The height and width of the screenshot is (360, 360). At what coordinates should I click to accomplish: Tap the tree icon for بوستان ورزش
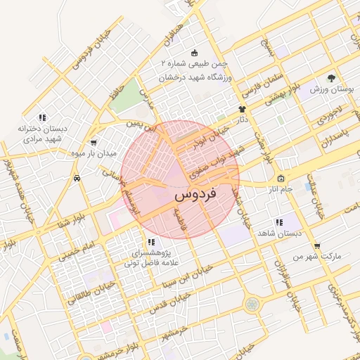pos(330,78)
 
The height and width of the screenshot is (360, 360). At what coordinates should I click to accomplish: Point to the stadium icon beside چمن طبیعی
pos(195,53)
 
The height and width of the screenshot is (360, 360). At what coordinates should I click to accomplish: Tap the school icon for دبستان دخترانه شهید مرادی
pos(42,117)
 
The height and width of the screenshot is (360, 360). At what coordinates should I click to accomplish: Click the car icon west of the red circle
pos(76,179)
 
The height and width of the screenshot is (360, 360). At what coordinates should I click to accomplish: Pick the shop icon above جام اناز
pos(281,178)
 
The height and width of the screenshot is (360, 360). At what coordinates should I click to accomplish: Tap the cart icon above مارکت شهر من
pos(316,245)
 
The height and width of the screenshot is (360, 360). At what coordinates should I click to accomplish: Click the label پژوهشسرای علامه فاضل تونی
pos(152,258)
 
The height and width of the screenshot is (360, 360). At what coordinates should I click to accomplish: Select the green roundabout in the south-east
pos(251,304)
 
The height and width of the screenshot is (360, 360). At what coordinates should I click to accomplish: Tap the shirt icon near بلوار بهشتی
pos(243,109)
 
